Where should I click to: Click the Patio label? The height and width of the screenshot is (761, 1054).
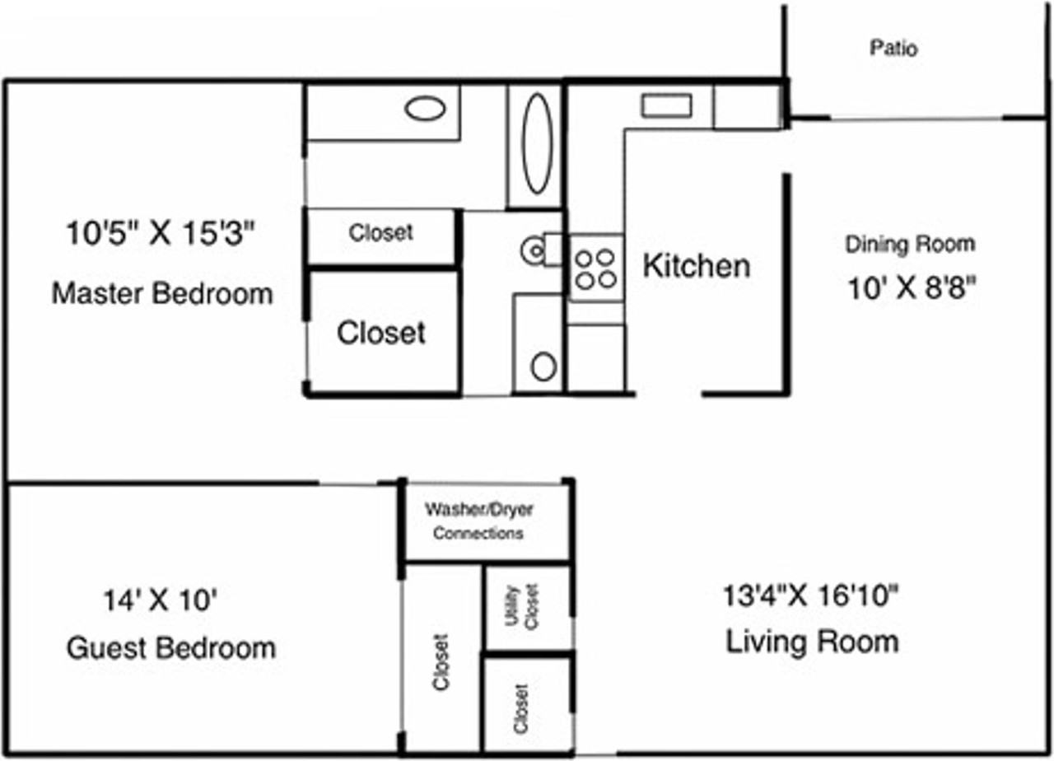point(893,48)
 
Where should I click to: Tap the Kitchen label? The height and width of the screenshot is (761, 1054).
point(697,266)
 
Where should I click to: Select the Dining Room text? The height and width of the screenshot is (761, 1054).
point(910,245)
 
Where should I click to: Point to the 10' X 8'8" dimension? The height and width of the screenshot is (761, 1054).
point(912,287)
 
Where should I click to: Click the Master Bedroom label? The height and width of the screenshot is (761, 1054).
point(162,294)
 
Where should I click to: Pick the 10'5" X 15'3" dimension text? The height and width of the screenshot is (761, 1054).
point(161,233)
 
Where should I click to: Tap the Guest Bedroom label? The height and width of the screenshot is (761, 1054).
point(170,648)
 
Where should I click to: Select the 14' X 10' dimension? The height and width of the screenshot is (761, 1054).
point(160,600)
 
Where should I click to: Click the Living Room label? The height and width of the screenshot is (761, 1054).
point(812,642)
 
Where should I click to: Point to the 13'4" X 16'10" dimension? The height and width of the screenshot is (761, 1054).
point(810,595)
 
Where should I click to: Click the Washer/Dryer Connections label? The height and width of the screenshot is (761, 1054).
point(478,521)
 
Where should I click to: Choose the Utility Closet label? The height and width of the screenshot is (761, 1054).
point(521,606)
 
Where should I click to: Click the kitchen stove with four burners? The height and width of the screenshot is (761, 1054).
point(596,268)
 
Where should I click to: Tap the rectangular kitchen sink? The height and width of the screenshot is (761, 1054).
point(666,105)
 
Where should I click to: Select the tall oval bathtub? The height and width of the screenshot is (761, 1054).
point(537,143)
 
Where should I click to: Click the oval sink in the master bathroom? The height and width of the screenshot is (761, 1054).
point(425,109)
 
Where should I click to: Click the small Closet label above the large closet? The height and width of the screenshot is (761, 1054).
point(380,232)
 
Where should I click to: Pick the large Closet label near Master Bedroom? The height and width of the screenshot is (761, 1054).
point(381,333)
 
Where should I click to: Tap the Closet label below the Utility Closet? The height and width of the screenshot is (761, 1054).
point(521,709)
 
